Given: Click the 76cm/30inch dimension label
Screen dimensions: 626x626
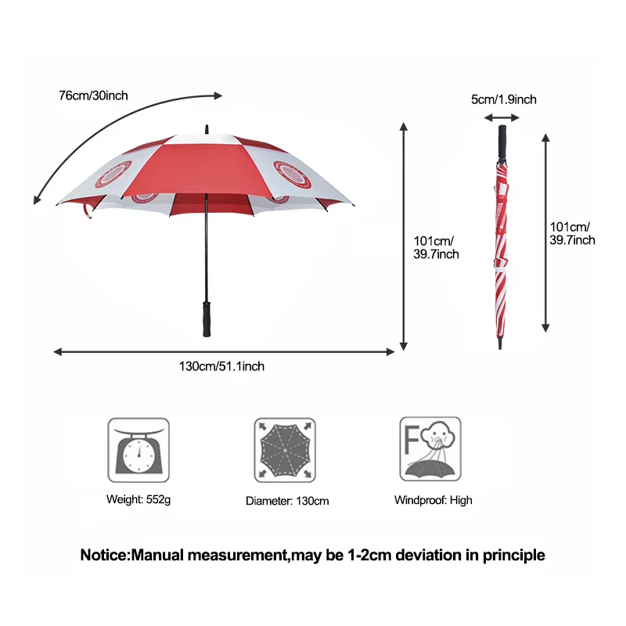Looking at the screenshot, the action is (93, 95).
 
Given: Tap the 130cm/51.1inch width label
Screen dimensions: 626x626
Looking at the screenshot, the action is (222, 366).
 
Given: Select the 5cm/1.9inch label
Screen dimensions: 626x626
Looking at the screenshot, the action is (503, 99).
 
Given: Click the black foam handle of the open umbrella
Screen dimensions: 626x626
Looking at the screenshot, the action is (207, 317).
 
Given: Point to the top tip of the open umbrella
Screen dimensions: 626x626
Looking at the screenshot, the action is (207, 128).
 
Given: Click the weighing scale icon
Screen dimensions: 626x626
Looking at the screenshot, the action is (138, 449).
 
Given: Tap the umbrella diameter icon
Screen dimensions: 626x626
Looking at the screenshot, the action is (285, 449).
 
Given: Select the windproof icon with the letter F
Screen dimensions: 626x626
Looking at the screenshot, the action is (430, 449).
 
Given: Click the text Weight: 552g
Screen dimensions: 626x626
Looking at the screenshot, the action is (139, 499).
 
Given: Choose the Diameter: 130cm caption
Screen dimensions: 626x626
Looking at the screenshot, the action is (287, 500).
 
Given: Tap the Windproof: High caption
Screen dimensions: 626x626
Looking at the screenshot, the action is (433, 499).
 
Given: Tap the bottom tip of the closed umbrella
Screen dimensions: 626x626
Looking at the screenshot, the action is (501, 345).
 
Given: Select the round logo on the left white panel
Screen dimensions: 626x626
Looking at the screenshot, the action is (113, 174).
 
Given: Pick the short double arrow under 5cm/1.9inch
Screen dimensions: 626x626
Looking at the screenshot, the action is (502, 117).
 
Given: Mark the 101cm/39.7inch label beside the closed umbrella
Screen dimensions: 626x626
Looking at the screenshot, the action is (572, 233).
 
